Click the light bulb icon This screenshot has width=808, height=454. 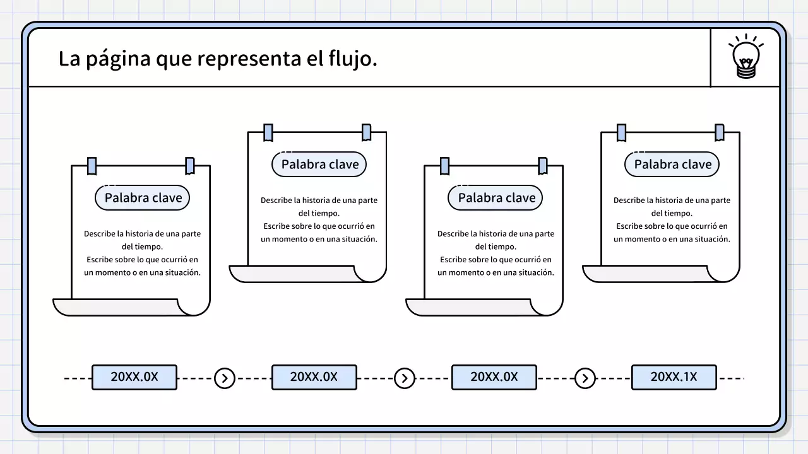(746, 57)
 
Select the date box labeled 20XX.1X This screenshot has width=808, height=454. (674, 377)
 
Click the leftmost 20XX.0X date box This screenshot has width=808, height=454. (134, 377)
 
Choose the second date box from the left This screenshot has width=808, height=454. (314, 377)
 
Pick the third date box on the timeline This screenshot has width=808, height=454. (494, 377)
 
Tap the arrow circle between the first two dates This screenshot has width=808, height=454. (224, 378)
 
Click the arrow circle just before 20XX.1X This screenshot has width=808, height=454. (585, 378)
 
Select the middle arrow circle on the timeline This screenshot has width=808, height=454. (404, 378)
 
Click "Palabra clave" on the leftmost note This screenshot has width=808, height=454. (143, 197)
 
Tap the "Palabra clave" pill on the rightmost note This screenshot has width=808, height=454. (672, 165)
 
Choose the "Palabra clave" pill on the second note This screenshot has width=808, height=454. (319, 165)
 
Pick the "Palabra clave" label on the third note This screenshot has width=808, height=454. (496, 197)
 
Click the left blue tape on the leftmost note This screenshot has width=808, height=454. (92, 166)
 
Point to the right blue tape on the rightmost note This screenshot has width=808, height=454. (719, 132)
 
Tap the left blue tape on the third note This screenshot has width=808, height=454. (445, 166)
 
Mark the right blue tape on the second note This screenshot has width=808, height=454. (366, 132)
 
